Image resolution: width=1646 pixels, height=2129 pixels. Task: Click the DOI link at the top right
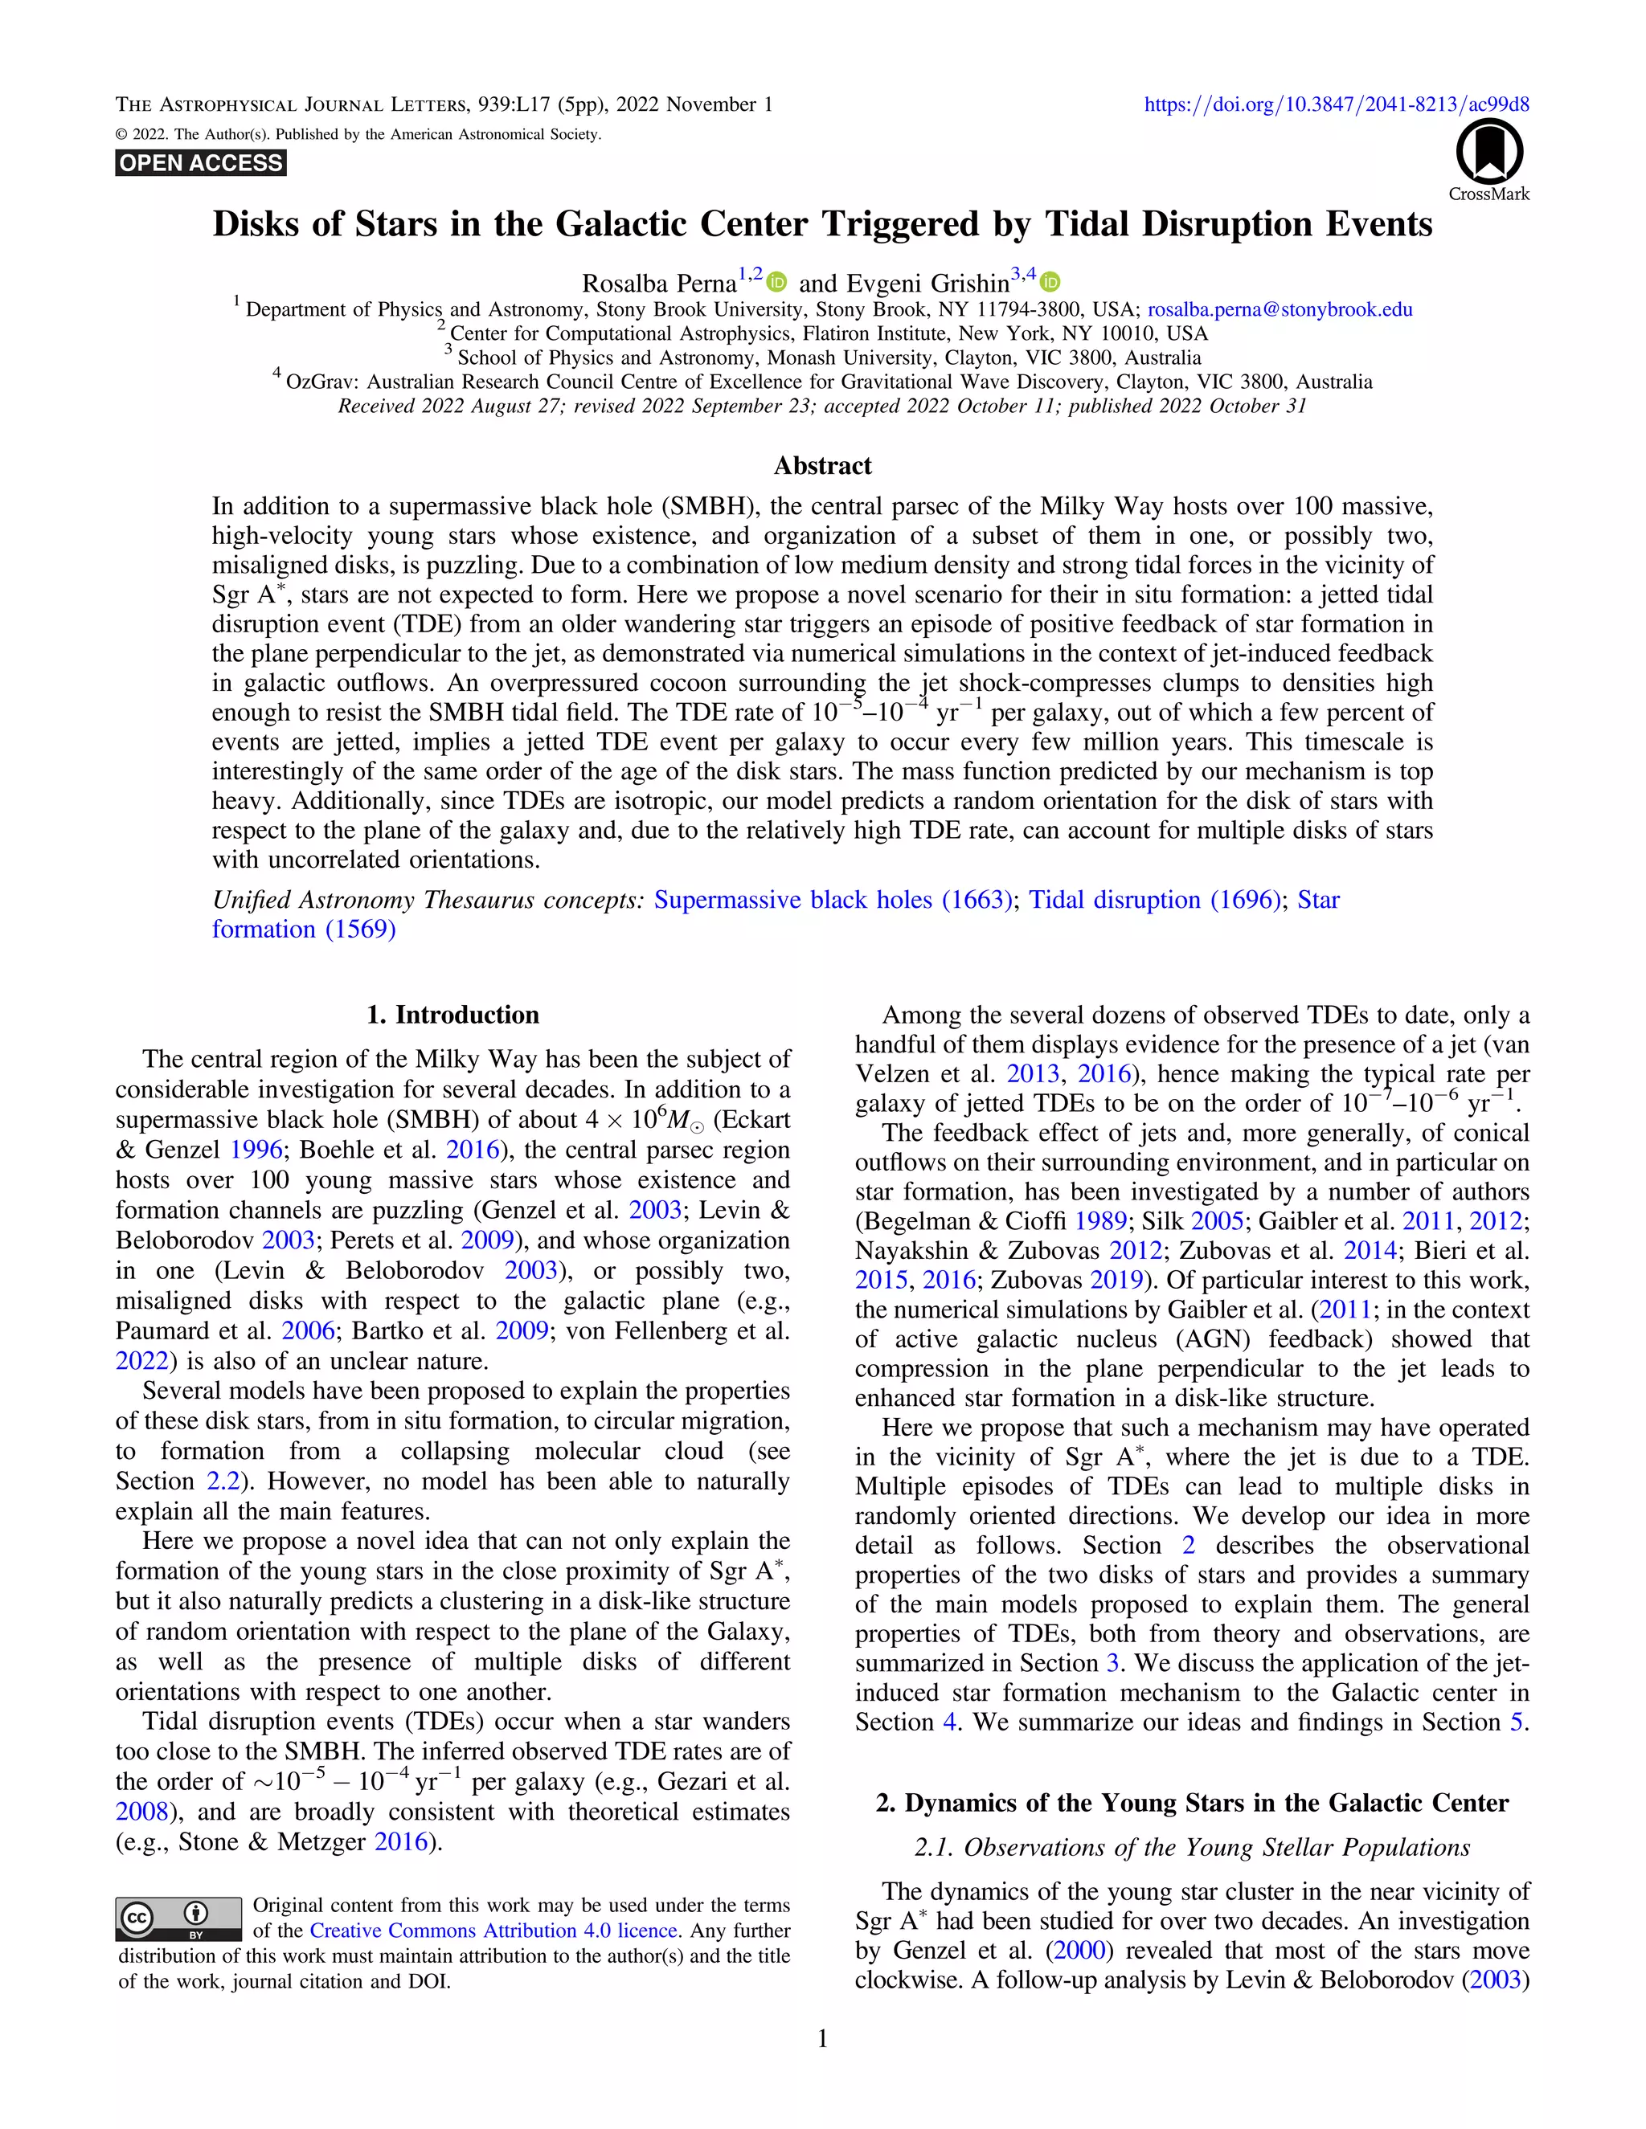click(1336, 104)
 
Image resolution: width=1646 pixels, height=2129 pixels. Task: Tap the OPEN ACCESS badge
click(201, 163)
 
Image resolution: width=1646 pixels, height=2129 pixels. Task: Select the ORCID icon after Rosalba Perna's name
click(776, 283)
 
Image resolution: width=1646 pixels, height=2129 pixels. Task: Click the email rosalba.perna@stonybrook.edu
click(1280, 310)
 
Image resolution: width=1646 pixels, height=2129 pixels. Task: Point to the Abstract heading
click(822, 466)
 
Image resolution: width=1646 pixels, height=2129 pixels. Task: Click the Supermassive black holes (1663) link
click(833, 900)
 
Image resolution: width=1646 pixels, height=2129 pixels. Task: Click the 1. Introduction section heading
click(452, 1015)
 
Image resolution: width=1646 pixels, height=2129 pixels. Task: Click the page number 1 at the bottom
click(822, 2038)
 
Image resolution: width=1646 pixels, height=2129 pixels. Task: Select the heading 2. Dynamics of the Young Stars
click(1192, 1803)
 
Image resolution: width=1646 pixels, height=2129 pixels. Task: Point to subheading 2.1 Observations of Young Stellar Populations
click(1192, 1847)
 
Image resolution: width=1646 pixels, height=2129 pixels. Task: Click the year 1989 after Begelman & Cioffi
click(1101, 1221)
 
